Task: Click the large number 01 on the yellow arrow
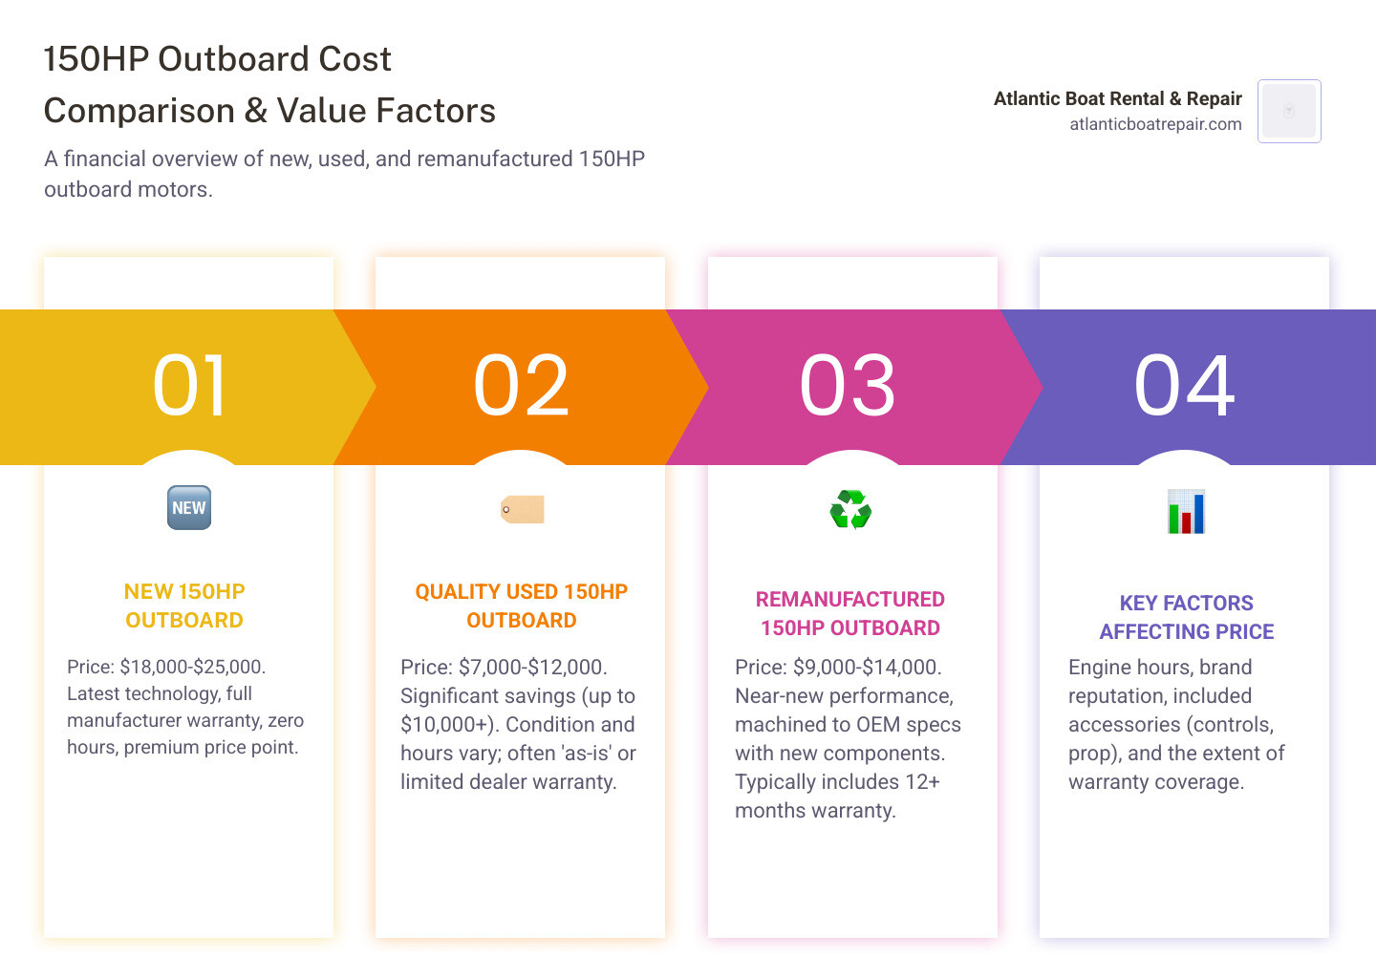(189, 385)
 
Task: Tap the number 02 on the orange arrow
(521, 385)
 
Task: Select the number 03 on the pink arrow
(848, 385)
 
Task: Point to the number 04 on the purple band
(1184, 385)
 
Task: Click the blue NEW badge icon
(189, 508)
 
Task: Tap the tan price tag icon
(522, 509)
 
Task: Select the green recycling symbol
(850, 509)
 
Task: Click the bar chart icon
(1186, 511)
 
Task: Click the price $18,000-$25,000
(192, 667)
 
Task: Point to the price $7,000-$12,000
(532, 668)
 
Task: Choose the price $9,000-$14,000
(867, 668)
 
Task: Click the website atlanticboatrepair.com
(1155, 124)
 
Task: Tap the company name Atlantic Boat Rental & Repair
(1117, 98)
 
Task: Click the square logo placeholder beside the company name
(1289, 111)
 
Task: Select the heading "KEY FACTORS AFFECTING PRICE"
(1186, 617)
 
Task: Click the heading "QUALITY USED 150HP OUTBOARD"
(522, 606)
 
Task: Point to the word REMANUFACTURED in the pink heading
(850, 599)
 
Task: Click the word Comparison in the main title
(140, 111)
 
